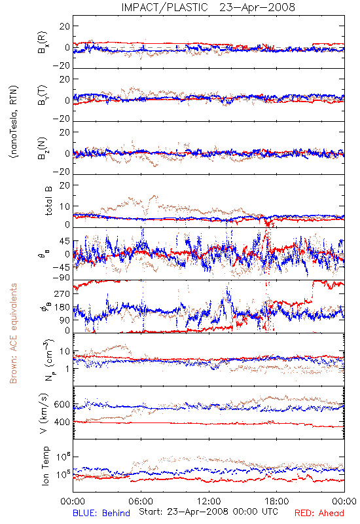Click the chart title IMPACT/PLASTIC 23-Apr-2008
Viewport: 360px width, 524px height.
[208, 7]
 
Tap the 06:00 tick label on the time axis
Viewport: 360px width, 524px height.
[141, 501]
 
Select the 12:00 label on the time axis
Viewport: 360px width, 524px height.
[209, 501]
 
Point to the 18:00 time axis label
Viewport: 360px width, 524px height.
[277, 501]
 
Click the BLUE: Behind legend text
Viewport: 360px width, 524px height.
[101, 513]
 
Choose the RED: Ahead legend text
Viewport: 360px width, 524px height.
[319, 513]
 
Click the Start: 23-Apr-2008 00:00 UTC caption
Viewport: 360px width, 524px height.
[208, 512]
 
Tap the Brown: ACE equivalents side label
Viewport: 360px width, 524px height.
[13, 333]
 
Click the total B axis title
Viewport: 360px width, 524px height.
[48, 201]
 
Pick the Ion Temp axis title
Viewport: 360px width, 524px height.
[45, 466]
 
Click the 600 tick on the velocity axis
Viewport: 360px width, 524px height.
[62, 404]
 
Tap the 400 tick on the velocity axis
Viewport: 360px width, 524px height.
[62, 422]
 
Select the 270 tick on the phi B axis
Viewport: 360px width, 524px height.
[62, 293]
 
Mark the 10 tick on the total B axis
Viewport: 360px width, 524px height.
[65, 206]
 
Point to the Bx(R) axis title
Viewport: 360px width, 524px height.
[43, 43]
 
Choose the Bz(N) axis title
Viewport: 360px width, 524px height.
[43, 149]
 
